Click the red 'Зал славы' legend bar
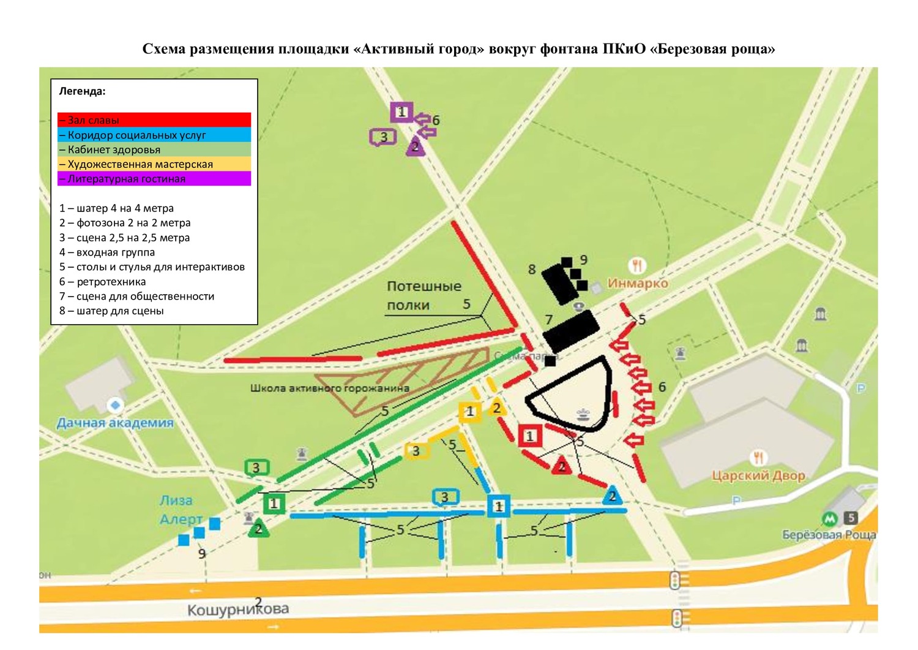click(154, 120)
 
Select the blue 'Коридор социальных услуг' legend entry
click(154, 135)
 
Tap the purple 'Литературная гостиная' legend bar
click(154, 179)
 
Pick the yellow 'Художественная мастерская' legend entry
click(154, 164)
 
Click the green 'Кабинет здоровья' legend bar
click(154, 149)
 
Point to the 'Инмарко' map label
click(637, 283)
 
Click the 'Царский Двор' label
click(758, 475)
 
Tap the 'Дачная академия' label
click(115, 423)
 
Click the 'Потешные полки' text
click(424, 295)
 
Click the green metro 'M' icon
click(829, 519)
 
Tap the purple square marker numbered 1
click(401, 112)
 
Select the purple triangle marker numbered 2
click(415, 147)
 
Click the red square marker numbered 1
click(530, 436)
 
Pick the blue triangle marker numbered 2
click(612, 496)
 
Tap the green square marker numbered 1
click(274, 504)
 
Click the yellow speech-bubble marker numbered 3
click(416, 451)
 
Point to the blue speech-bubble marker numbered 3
click(445, 497)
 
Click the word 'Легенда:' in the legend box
click(82, 91)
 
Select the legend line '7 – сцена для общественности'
click(136, 296)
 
